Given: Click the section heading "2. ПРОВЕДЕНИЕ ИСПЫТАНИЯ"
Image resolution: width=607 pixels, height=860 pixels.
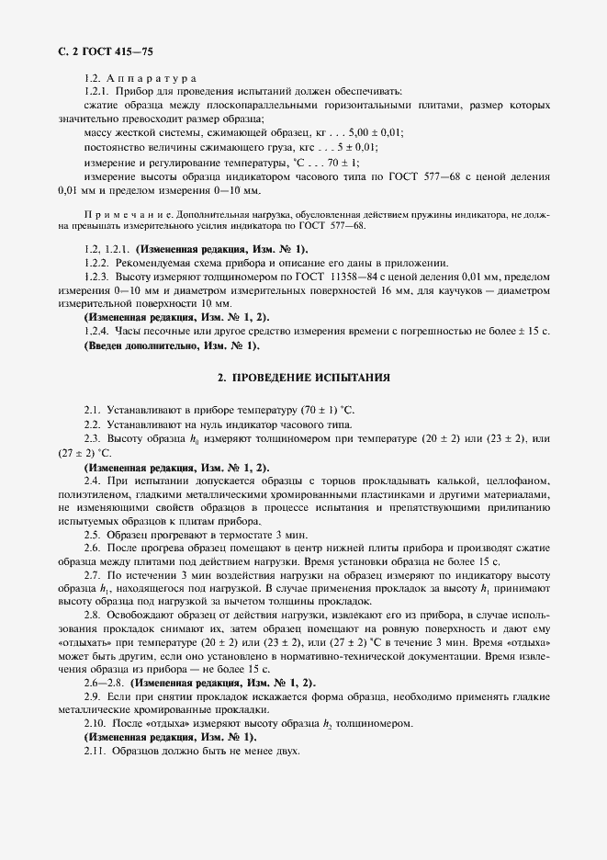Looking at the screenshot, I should click(304, 377).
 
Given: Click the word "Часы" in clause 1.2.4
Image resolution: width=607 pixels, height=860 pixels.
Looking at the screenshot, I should click(132, 331).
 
